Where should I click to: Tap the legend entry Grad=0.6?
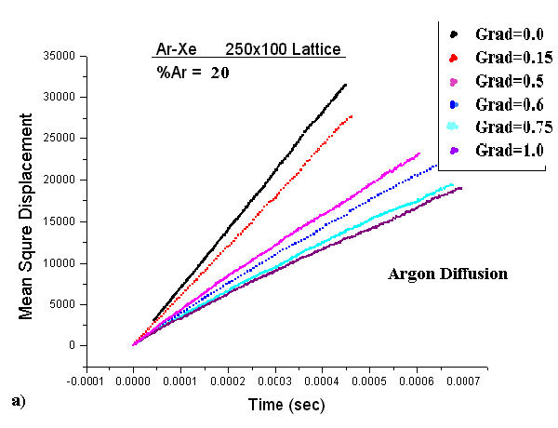501,103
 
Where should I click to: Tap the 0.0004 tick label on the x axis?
368,381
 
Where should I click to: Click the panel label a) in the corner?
18,400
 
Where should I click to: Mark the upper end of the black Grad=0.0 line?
346,85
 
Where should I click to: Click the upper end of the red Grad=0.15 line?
352,116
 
